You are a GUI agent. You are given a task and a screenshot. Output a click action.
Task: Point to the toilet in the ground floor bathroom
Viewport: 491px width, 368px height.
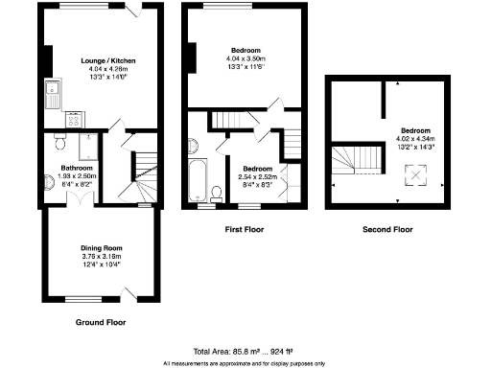pos(58,143)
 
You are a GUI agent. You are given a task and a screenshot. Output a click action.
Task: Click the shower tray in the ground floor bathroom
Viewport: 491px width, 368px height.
pos(85,147)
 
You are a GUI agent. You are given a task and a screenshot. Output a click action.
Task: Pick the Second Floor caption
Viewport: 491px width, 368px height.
pos(387,230)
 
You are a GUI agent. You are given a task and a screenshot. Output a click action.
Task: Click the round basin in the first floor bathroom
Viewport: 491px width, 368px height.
pos(193,146)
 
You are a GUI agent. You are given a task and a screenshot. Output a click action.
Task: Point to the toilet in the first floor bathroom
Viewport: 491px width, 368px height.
pos(216,194)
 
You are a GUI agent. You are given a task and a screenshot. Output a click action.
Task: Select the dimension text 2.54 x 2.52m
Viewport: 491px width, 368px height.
pos(256,176)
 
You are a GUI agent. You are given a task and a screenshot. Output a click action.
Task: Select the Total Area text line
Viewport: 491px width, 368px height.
pos(244,350)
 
